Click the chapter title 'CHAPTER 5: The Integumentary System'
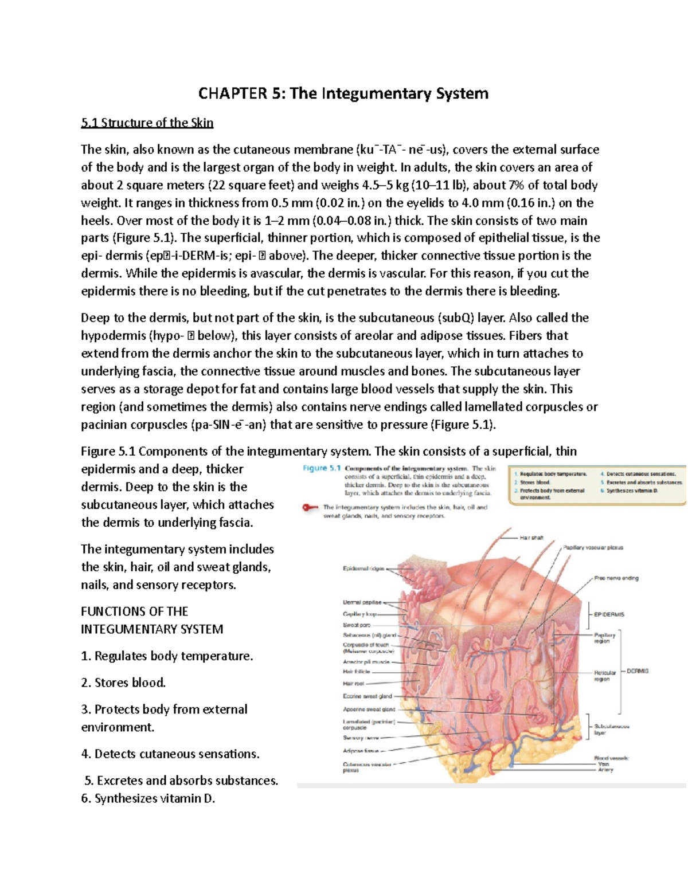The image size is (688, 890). tap(343, 93)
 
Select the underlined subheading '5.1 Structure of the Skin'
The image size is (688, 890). tap(147, 123)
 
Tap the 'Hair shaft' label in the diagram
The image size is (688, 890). tap(531, 538)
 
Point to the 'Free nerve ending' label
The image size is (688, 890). tap(616, 578)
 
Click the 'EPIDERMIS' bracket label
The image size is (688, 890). tap(609, 614)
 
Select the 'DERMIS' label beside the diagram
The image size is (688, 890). tap(637, 671)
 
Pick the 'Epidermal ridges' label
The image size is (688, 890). tap(363, 568)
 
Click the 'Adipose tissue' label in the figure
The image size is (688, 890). tap(361, 750)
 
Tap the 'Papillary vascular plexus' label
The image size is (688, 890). tap(592, 547)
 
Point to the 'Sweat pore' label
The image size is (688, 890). tap(356, 625)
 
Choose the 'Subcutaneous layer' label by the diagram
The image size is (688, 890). tap(611, 729)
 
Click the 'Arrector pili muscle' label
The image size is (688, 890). tap(366, 661)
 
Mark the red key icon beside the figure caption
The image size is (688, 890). tap(310, 507)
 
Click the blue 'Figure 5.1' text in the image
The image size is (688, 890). tap(322, 468)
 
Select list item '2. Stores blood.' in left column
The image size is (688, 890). tap(123, 683)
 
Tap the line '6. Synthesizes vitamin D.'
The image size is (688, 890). tap(148, 798)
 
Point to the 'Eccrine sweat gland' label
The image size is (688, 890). tap(367, 696)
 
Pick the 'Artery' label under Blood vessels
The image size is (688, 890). tap(605, 770)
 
